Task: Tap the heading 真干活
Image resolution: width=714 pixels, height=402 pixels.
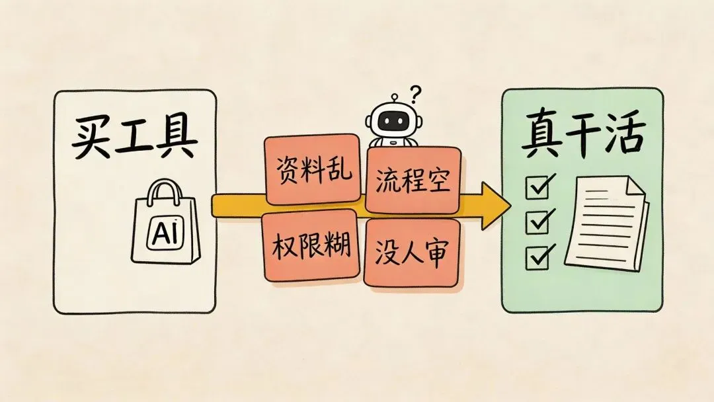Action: click(x=582, y=138)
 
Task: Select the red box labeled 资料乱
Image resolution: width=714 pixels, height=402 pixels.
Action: click(x=313, y=170)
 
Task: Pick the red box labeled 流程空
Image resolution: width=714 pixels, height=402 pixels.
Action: click(x=413, y=180)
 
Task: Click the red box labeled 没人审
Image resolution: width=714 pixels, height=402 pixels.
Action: click(x=412, y=253)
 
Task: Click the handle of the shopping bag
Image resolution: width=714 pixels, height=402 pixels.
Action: click(x=164, y=192)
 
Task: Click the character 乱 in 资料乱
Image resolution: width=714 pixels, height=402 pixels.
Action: click(x=340, y=170)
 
